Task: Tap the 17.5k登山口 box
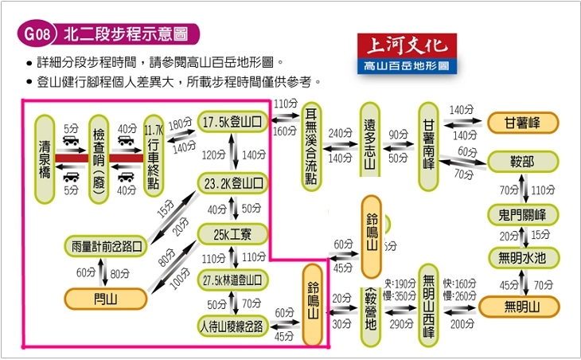point(232,122)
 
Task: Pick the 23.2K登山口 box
point(232,183)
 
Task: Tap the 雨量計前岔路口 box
point(107,247)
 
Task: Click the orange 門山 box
point(107,299)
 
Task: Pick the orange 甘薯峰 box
point(521,123)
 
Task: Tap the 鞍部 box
point(521,162)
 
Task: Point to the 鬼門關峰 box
point(521,215)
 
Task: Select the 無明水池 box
point(521,258)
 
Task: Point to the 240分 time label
point(339,132)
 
